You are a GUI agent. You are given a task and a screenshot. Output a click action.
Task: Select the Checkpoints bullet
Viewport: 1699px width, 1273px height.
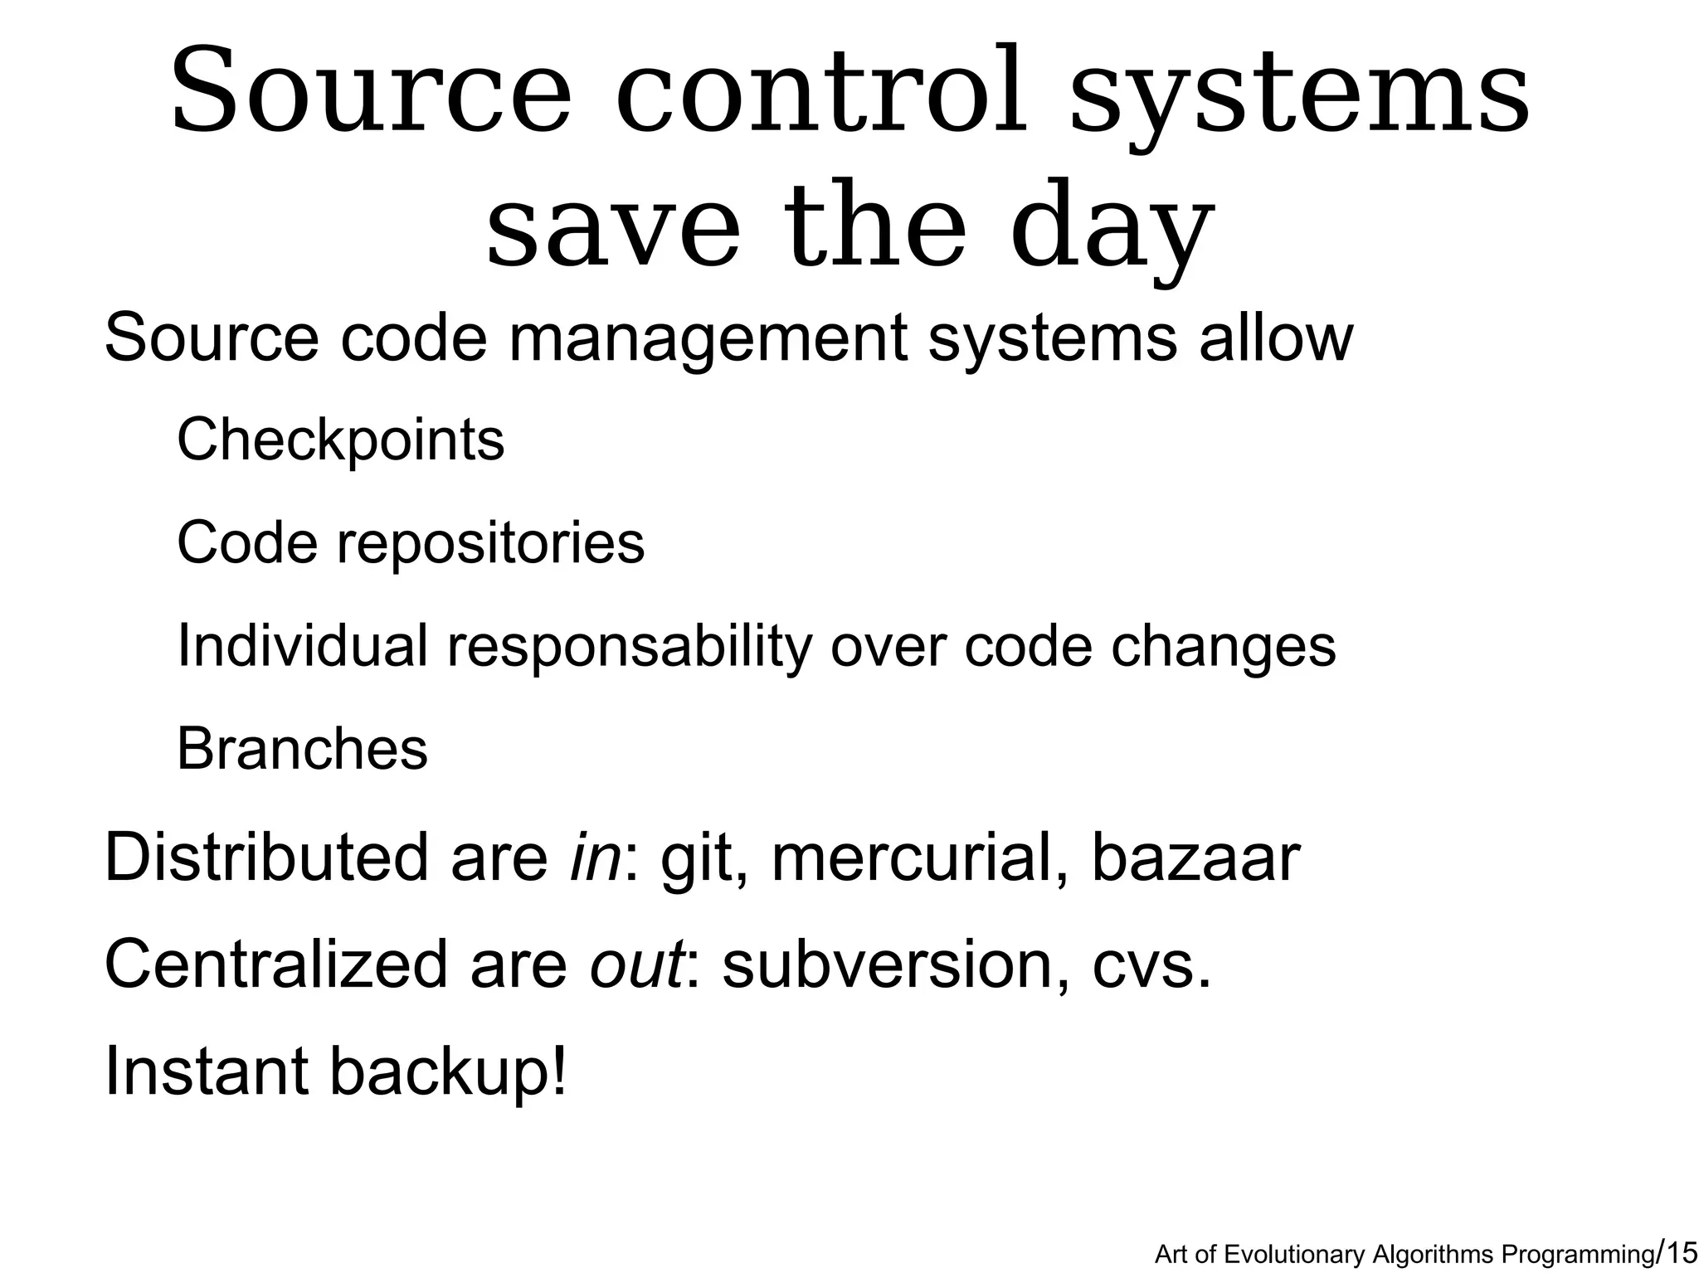340,440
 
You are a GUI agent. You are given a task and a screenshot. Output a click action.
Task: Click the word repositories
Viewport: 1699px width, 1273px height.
489,543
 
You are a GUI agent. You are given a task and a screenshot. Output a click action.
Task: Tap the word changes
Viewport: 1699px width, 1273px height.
1224,647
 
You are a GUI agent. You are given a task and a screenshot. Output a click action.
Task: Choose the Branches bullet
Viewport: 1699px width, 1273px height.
302,749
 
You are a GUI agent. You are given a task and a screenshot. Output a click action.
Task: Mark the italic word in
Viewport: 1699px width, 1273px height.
595,858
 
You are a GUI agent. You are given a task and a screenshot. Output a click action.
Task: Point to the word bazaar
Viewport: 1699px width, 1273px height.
1195,858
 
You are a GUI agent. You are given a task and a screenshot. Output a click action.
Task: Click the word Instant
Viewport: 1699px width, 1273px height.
207,1071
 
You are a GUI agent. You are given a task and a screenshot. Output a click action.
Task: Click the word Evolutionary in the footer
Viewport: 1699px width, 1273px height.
1295,1255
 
